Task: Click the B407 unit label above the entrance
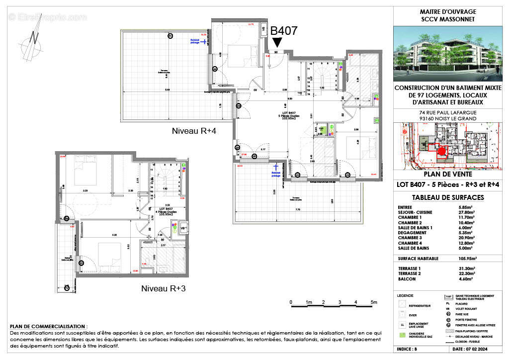[x=284, y=31]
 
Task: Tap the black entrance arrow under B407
[x=277, y=44]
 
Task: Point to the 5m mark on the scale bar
[x=373, y=302]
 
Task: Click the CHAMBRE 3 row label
[x=410, y=238]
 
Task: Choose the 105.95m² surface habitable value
[x=467, y=259]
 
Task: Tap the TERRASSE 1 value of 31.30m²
[x=467, y=269]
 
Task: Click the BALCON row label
[x=407, y=279]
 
